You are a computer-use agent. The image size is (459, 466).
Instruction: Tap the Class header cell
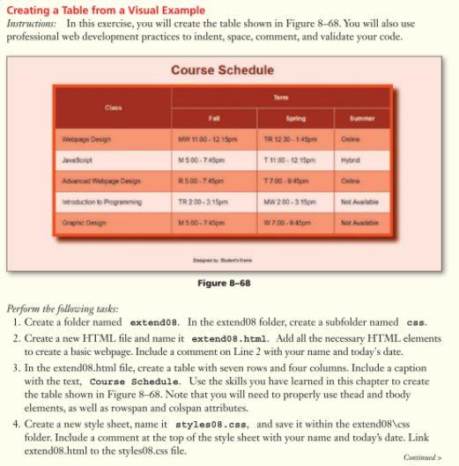(113, 108)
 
